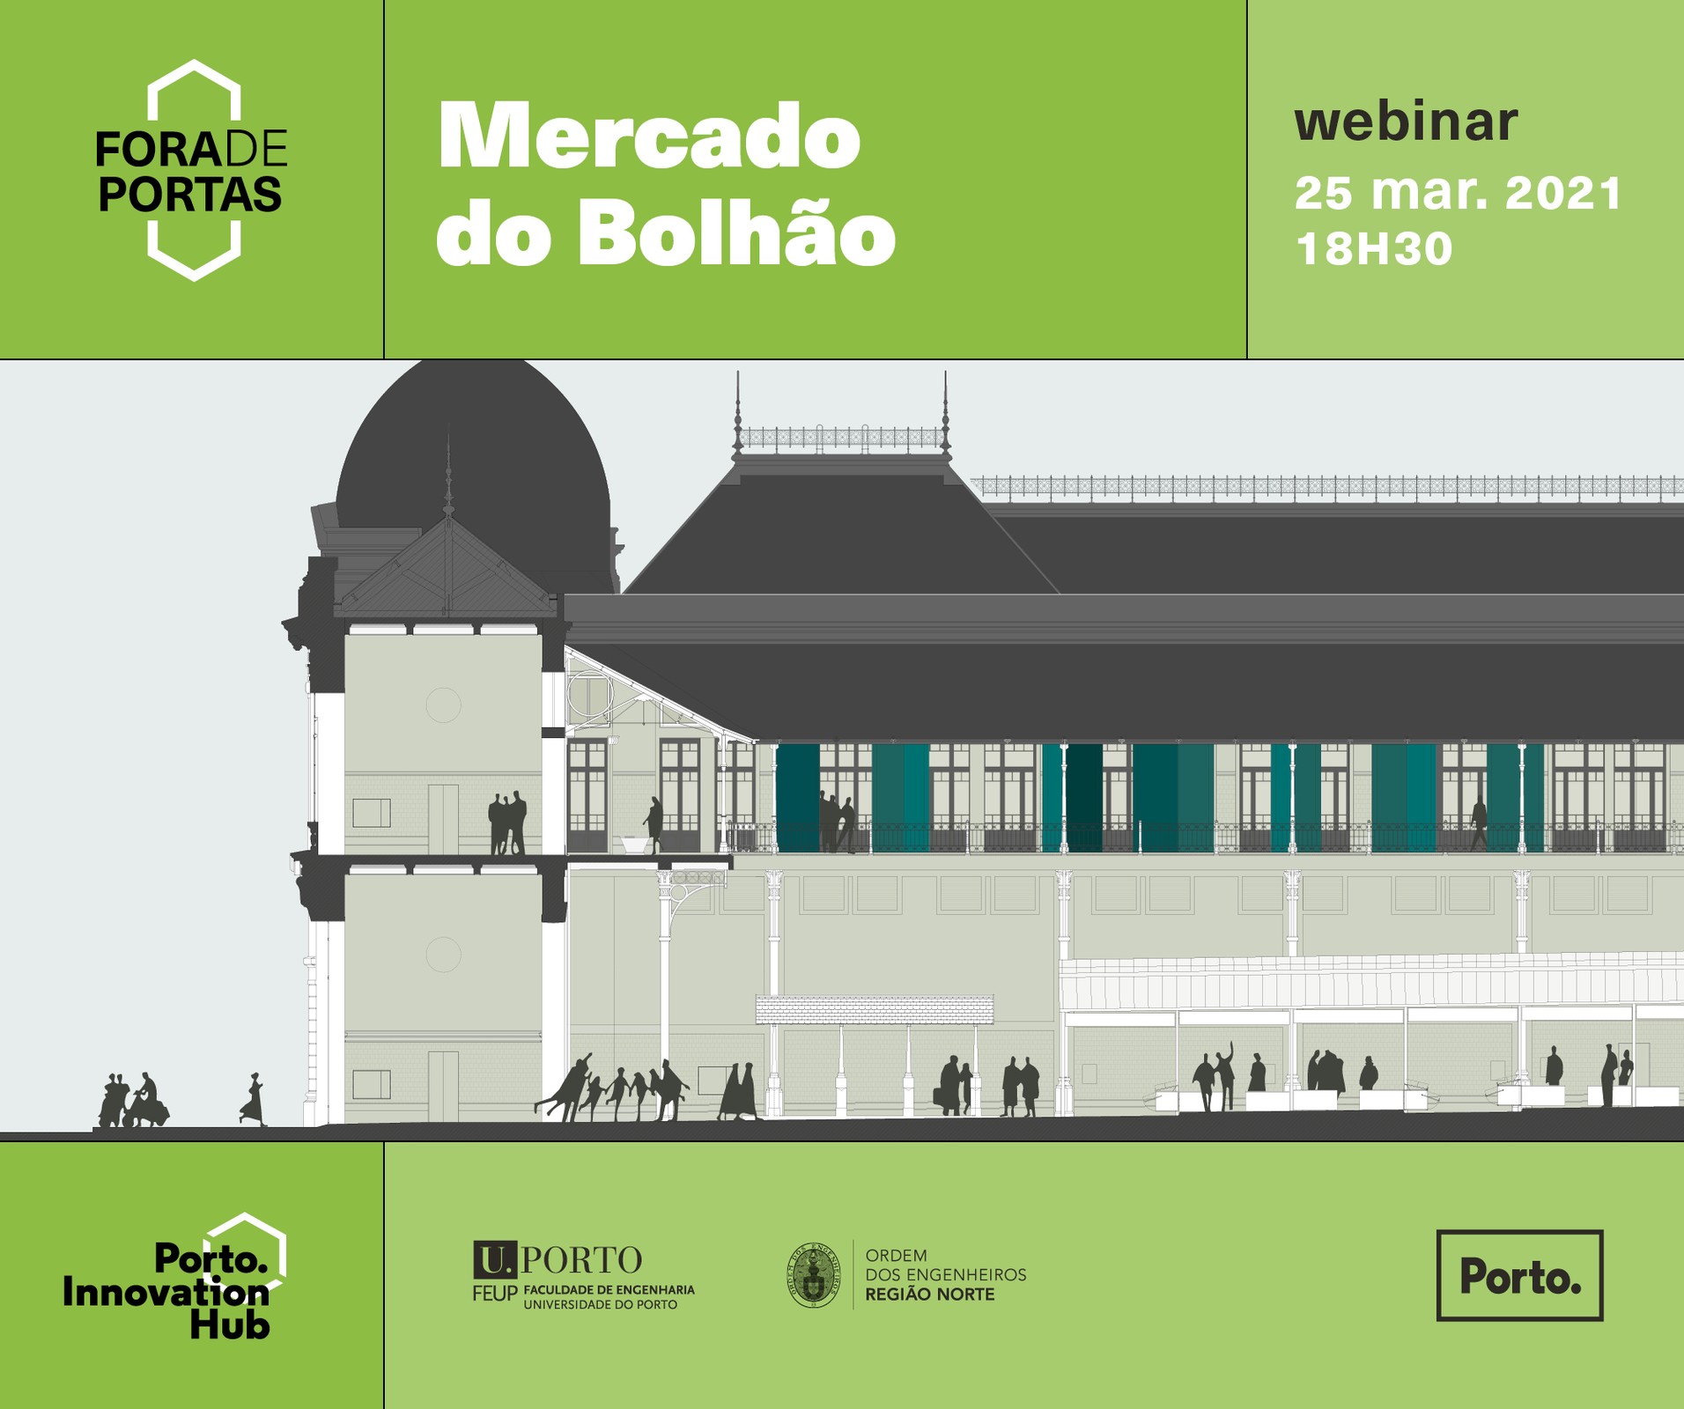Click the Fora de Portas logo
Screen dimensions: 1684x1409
point(191,171)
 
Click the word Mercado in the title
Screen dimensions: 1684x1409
point(649,136)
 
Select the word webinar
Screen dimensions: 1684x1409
point(1406,122)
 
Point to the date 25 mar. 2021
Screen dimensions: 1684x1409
point(1458,194)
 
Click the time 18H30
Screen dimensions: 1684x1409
point(1373,248)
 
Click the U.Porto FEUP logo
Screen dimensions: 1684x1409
point(583,1276)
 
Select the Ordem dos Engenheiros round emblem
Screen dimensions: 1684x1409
point(813,1275)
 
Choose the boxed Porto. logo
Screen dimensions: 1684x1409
point(1519,1274)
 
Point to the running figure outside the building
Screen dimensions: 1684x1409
point(253,1099)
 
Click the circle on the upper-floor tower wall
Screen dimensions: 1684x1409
point(443,704)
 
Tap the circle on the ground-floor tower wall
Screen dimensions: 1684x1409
point(443,954)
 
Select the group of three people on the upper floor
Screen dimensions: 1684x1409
point(507,823)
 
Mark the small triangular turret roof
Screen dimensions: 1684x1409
point(447,569)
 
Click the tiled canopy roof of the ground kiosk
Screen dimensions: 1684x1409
point(875,1009)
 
